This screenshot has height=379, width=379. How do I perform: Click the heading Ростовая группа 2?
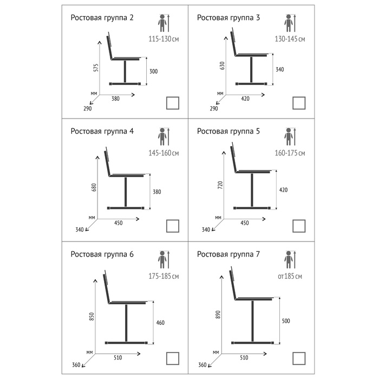102,17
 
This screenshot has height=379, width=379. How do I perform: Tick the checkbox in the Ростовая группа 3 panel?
299,103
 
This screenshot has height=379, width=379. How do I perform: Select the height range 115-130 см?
164,39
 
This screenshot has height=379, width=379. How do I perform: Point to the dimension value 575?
96,68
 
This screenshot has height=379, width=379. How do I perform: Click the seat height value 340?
279,69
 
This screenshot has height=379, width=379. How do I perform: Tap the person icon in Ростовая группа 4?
162,138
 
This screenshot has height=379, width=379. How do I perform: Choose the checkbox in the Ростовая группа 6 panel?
173,358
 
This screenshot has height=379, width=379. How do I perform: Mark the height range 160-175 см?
290,154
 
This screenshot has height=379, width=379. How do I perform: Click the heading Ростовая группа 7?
228,254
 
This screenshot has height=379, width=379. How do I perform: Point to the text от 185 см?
290,276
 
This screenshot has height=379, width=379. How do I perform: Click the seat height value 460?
160,323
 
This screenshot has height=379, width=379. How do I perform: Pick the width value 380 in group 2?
115,99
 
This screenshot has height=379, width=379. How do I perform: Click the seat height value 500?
286,321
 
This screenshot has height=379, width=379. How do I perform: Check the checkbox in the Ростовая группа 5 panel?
299,225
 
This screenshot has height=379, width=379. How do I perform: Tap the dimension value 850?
92,315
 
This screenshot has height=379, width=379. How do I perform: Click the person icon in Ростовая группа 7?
290,259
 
